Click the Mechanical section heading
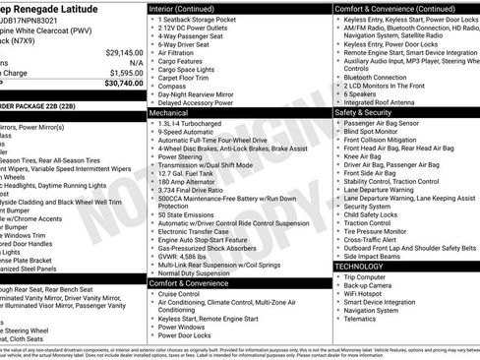pos(173,113)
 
